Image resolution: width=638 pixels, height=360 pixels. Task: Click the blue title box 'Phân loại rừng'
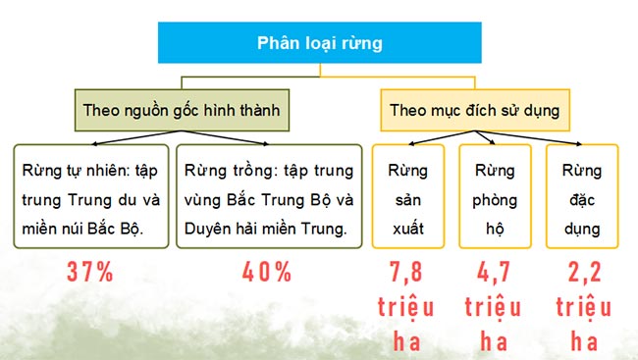pyautogui.click(x=320, y=43)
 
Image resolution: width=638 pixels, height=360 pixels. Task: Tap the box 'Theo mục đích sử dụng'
pyautogui.click(x=473, y=111)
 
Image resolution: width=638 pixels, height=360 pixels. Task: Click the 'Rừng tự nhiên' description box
pyautogui.click(x=90, y=199)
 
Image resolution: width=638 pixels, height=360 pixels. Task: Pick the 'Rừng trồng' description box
pyautogui.click(x=268, y=199)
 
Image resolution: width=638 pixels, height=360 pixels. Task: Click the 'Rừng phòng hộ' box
pyautogui.click(x=495, y=199)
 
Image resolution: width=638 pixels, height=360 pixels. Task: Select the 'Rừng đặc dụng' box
pyautogui.click(x=581, y=199)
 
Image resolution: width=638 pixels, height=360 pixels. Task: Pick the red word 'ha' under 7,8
pyautogui.click(x=405, y=341)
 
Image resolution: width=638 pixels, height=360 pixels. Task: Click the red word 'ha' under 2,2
pyautogui.click(x=582, y=341)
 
